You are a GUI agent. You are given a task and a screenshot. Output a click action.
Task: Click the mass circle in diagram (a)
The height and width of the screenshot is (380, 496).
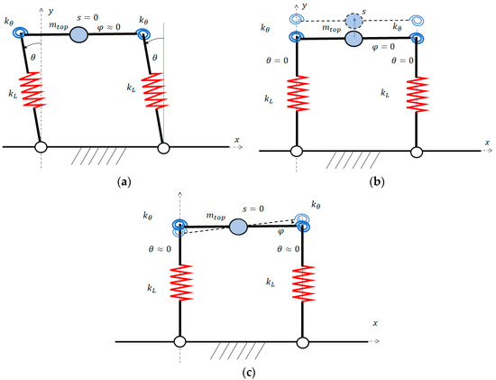79,34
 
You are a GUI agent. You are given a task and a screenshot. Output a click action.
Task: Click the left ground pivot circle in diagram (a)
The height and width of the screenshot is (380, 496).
41,147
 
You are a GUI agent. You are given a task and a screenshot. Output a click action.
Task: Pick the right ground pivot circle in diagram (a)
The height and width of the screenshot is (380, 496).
163,147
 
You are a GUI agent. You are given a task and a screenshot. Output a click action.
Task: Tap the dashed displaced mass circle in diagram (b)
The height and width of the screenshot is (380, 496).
354,18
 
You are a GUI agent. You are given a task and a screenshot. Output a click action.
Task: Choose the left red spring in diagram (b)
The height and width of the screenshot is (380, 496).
295,96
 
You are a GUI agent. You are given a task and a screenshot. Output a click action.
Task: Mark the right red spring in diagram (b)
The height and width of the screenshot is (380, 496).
416,96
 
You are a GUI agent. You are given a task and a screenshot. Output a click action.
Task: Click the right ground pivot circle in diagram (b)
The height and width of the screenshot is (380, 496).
417,151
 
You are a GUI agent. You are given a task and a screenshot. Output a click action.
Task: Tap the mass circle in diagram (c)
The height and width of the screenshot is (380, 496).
239,226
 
